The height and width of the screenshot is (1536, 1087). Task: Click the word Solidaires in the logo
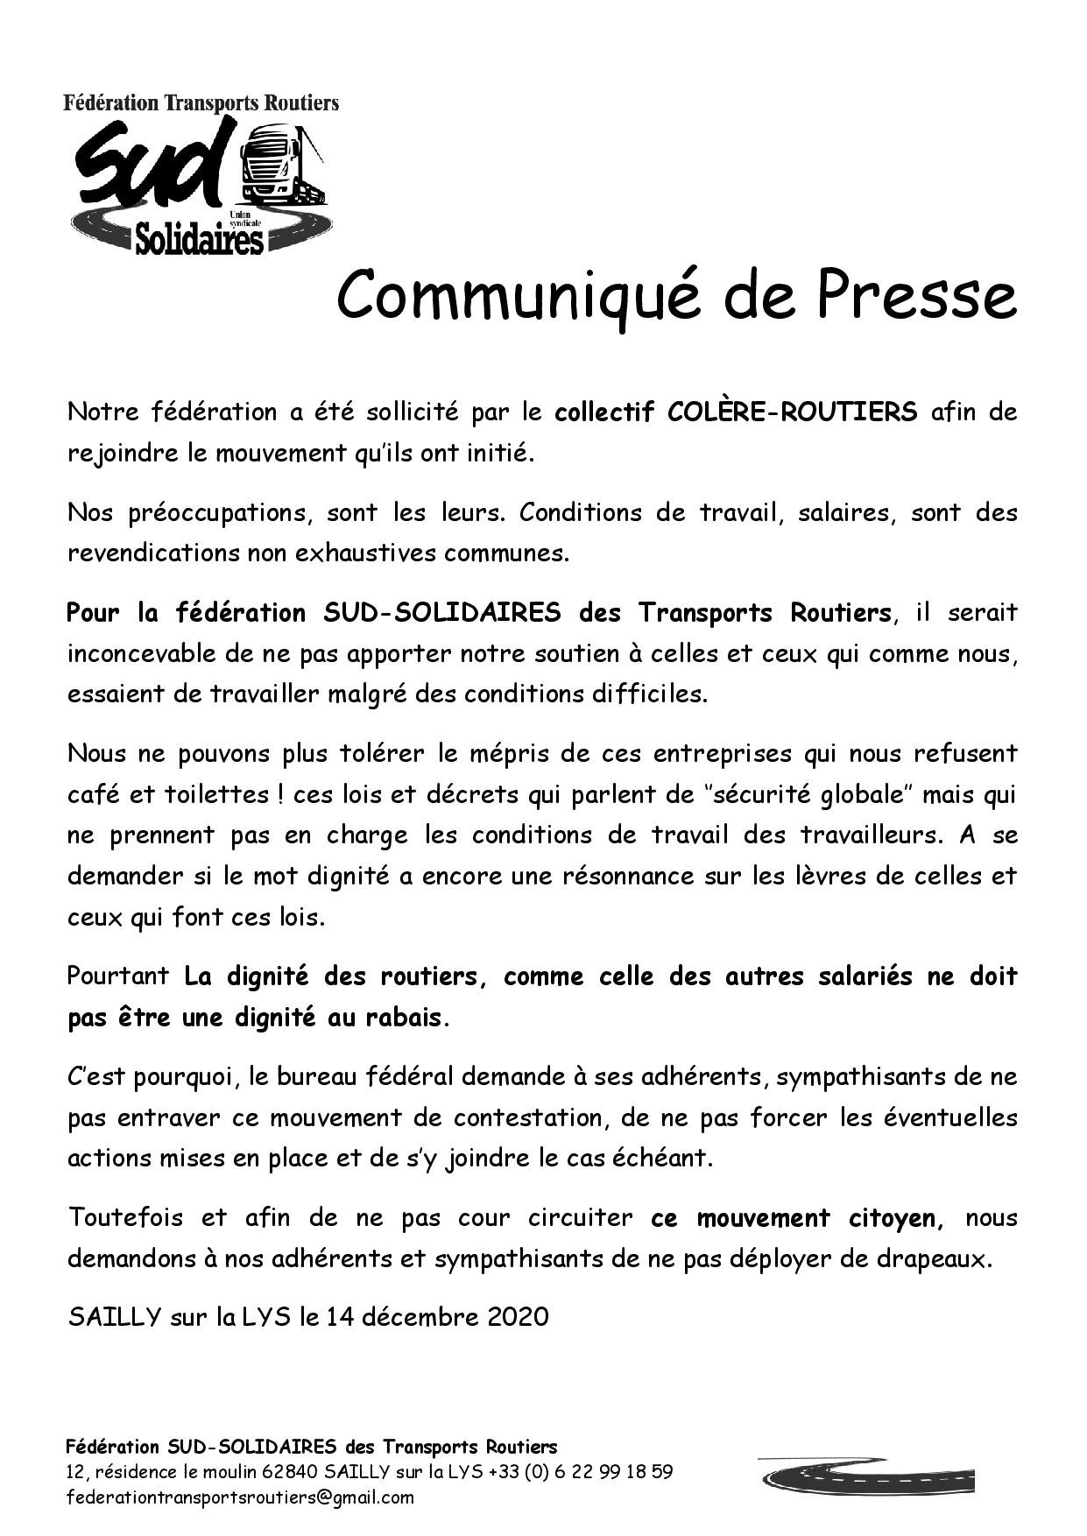tap(200, 237)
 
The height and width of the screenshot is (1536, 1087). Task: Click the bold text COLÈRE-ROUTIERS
tap(792, 412)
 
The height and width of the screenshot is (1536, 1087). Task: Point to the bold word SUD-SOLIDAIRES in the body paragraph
tap(441, 612)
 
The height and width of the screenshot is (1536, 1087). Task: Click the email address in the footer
tap(240, 1497)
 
